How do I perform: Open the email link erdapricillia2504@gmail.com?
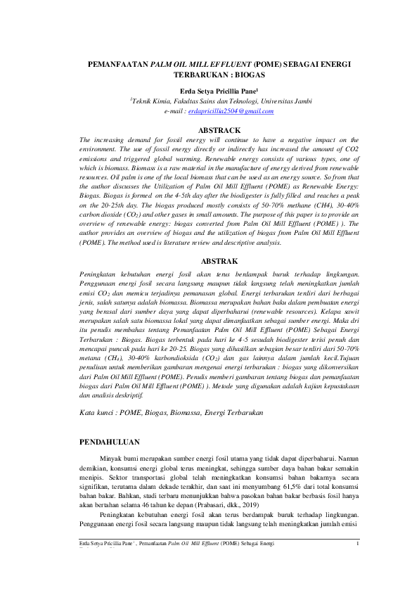click(231, 111)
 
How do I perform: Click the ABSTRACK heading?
click(220, 130)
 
